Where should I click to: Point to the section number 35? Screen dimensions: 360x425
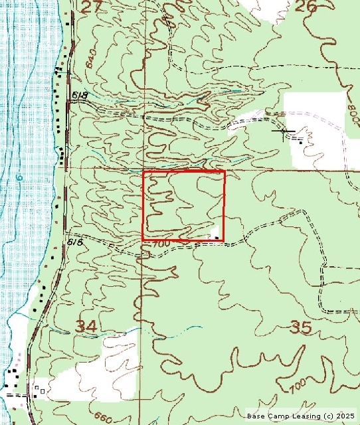302,326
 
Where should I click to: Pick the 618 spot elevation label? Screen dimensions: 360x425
78,97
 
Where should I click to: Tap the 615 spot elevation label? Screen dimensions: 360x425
75,242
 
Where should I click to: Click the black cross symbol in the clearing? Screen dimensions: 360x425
285,133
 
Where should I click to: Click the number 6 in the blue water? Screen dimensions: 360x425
20,177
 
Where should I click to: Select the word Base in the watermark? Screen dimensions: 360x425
256,416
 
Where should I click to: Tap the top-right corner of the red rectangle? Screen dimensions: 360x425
225,171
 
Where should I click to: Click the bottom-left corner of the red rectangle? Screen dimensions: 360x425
143,240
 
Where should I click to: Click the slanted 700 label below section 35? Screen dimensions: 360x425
297,384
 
